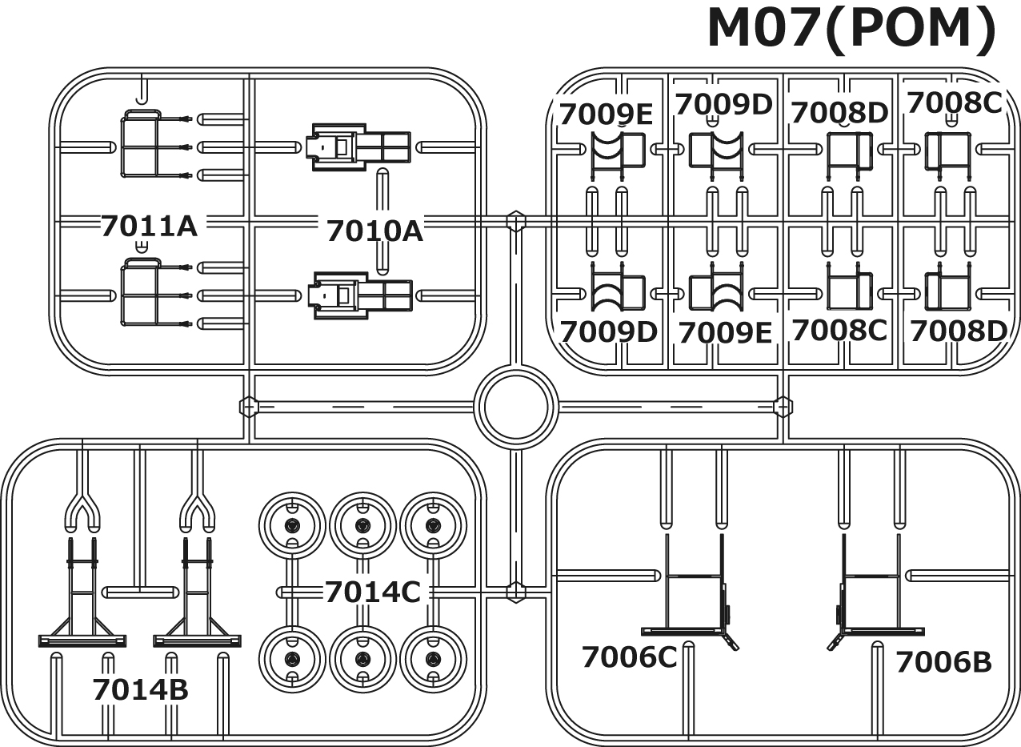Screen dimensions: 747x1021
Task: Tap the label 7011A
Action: [x=149, y=226]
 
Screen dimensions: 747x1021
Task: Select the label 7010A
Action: [x=374, y=231]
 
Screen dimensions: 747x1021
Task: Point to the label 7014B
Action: [x=140, y=689]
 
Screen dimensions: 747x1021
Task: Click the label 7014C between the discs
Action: [x=372, y=592]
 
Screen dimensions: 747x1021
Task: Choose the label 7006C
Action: [x=629, y=657]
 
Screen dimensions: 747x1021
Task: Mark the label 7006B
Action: [x=943, y=662]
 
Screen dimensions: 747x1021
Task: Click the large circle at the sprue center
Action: [x=515, y=407]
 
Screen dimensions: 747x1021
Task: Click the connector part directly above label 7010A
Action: [x=360, y=147]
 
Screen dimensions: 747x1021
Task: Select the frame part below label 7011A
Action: [x=141, y=293]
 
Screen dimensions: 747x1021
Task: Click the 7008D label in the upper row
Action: [x=839, y=114]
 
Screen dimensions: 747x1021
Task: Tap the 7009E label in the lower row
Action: [x=725, y=332]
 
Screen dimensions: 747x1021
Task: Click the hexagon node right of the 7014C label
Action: [x=516, y=592]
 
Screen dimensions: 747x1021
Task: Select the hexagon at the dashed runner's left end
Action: [x=249, y=407]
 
